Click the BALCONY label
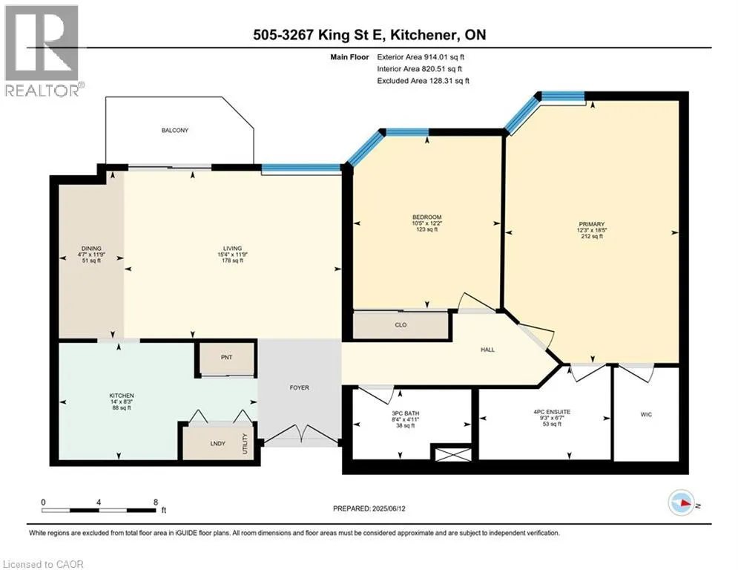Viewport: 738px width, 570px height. point(174,130)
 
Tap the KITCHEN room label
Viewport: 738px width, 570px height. point(122,396)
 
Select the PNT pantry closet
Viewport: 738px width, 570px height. point(226,358)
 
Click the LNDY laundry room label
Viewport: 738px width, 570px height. point(218,443)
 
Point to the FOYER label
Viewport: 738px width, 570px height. point(300,387)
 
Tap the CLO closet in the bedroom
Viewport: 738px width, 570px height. point(401,325)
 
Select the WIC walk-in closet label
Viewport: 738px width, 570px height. point(646,415)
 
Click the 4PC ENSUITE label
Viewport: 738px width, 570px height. point(552,412)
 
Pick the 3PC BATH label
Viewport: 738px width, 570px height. point(405,413)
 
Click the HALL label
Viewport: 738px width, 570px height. point(487,350)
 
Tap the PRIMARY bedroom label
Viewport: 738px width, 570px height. point(592,224)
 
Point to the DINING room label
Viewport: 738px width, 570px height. point(91,248)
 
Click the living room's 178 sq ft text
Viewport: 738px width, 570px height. point(232,261)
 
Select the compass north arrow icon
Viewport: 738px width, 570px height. point(682,503)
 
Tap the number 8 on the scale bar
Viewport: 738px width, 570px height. point(156,502)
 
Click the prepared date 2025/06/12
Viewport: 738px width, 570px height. point(389,508)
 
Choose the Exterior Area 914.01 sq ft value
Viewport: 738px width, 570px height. point(444,57)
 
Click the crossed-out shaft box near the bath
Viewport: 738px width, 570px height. point(452,454)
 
